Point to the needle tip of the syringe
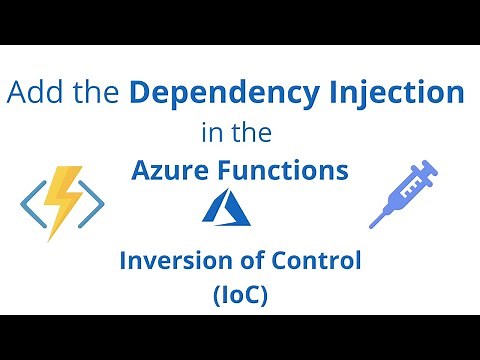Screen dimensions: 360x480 coord(374,222)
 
